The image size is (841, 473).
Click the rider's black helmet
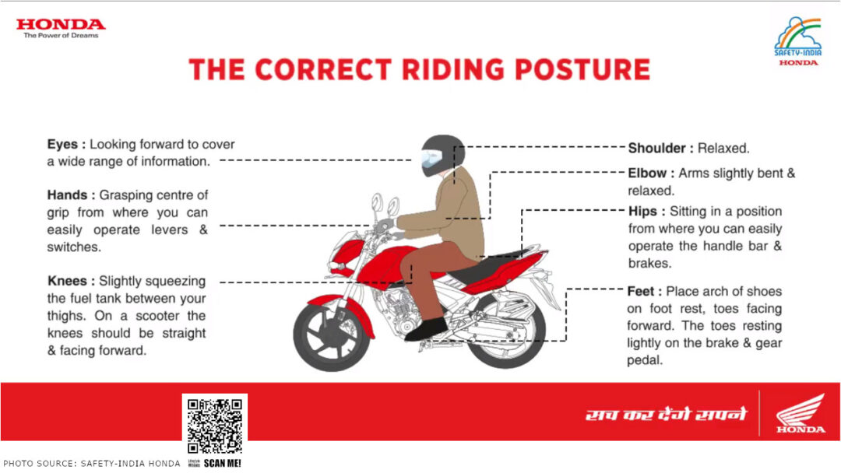pyautogui.click(x=442, y=156)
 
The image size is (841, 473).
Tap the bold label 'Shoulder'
pyautogui.click(x=660, y=148)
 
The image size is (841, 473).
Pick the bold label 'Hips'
pyautogui.click(x=646, y=212)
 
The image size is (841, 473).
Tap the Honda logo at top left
pyautogui.click(x=60, y=28)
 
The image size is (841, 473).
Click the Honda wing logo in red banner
pyautogui.click(x=801, y=413)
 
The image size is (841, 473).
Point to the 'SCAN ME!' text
pyautogui.click(x=223, y=464)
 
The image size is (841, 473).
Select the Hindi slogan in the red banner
pyautogui.click(x=666, y=414)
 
